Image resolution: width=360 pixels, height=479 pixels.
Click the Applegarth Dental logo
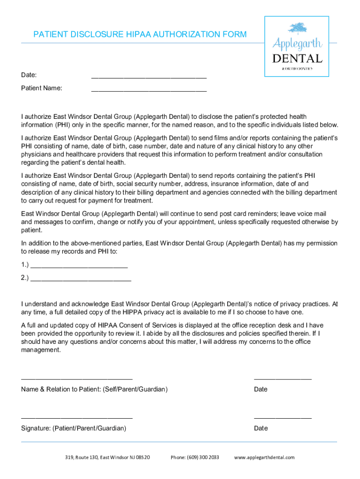click(x=297, y=46)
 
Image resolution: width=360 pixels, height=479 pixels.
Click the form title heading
click(x=140, y=35)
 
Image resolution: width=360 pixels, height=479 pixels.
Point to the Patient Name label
click(x=42, y=88)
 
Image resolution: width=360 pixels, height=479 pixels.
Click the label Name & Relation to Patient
click(x=94, y=389)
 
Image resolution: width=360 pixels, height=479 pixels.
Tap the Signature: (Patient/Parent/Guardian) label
click(x=73, y=428)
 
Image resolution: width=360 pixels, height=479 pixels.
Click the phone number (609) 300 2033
click(x=194, y=457)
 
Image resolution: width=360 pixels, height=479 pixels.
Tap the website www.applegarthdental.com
click(x=264, y=457)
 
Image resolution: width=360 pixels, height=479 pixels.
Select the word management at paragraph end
click(x=41, y=349)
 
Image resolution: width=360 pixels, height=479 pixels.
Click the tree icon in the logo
click(x=297, y=28)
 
